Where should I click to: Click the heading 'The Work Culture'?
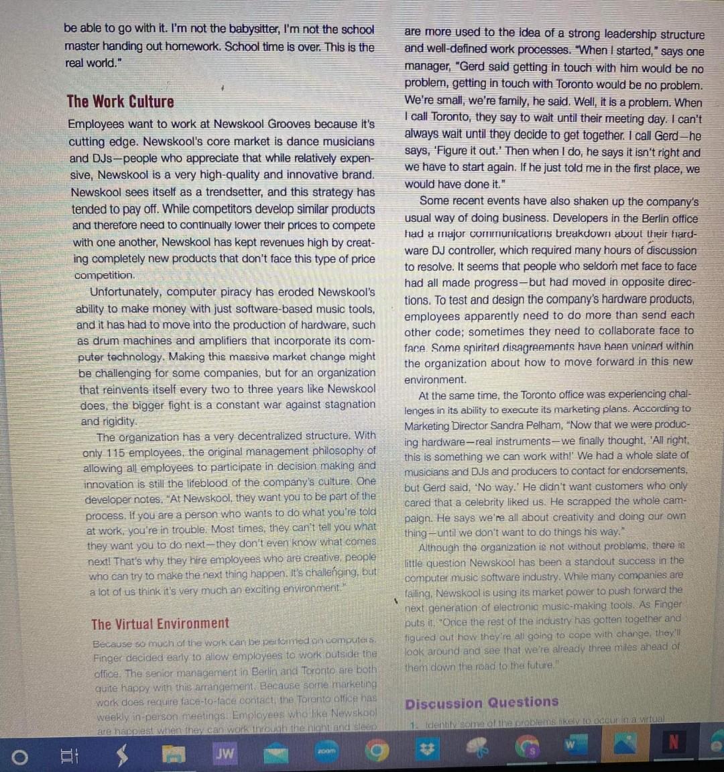point(120,102)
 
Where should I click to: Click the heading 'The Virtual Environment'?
point(160,624)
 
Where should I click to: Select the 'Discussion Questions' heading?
point(481,702)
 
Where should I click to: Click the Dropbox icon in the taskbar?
point(424,752)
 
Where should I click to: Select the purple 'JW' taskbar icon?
point(225,753)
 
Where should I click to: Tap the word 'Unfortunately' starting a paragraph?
point(125,292)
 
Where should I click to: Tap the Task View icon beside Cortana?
point(66,755)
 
